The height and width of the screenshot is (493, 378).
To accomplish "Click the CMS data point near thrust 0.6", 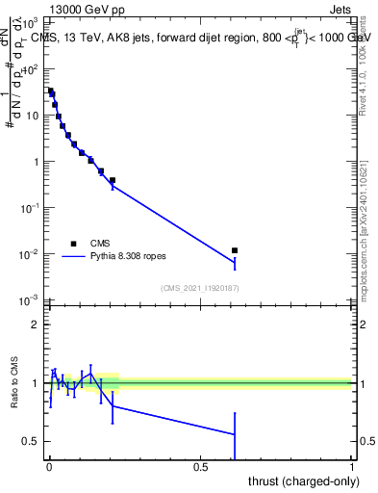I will (x=235, y=250).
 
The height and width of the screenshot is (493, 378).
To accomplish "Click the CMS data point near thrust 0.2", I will (x=113, y=180).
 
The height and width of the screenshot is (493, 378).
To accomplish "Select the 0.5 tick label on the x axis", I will (x=200, y=466).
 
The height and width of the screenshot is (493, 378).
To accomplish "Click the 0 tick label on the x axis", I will (x=49, y=466).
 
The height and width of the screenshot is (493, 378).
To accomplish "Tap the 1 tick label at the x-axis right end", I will (x=352, y=466).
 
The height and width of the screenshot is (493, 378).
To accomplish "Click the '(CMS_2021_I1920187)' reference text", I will (x=200, y=288).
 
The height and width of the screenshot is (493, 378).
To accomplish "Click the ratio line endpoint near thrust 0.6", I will (x=235, y=434).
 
